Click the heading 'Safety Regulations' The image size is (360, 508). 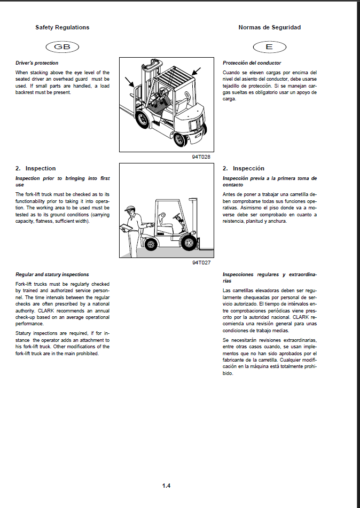62,27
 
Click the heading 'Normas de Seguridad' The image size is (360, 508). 269,27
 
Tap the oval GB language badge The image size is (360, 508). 62,47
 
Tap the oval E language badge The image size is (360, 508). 269,47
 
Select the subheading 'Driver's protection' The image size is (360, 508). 37,63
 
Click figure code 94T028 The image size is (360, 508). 201,157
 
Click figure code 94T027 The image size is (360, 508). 201,262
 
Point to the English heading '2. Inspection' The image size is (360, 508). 35,168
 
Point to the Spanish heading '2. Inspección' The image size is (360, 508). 244,168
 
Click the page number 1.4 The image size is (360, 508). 166,486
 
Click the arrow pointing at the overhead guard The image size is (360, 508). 197,71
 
